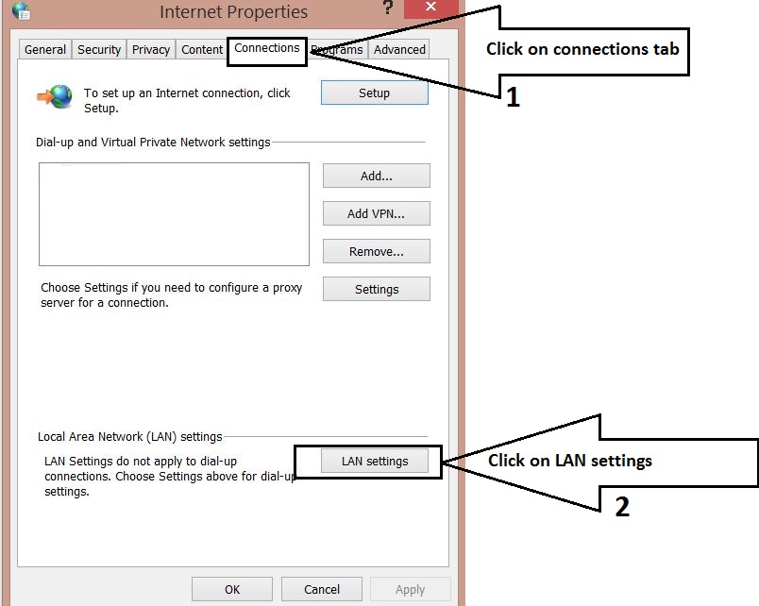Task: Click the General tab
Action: click(45, 50)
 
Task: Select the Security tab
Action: click(99, 50)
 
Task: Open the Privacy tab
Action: click(151, 50)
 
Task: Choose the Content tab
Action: click(202, 50)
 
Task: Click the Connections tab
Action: click(267, 48)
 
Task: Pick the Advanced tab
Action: click(399, 50)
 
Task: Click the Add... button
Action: click(376, 176)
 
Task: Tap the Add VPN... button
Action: click(376, 213)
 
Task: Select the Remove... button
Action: click(376, 251)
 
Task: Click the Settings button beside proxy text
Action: click(376, 290)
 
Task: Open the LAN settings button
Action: click(375, 461)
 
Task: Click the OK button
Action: click(232, 589)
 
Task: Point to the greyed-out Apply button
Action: click(410, 589)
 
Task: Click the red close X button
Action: click(430, 8)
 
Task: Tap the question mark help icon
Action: click(387, 8)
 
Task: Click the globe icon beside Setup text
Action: click(56, 97)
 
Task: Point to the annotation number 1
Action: click(513, 97)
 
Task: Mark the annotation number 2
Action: click(622, 507)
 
